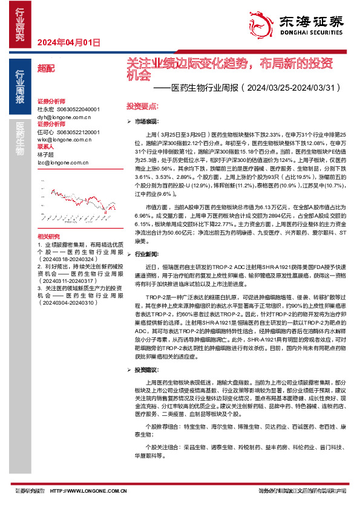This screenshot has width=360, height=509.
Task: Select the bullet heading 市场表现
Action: pos(147,122)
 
